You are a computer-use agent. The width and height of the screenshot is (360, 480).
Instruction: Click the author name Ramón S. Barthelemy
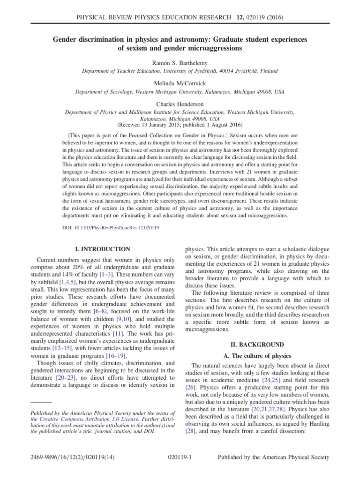pos(180,62)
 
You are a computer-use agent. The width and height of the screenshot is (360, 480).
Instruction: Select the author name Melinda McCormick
pos(180,83)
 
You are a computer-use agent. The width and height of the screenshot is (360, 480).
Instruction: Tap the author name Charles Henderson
pos(180,104)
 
